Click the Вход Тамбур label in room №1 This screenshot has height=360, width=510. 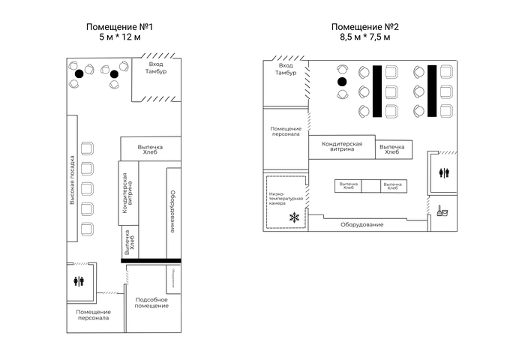pos(157,68)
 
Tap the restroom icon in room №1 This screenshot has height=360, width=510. pos(80,281)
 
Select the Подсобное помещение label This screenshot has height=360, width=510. pos(151,302)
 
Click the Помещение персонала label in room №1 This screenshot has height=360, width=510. pos(94,314)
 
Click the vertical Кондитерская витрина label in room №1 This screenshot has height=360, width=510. pos(128,190)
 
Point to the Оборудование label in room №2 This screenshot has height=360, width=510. pos(362,225)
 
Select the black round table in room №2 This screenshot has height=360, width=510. pos(342,82)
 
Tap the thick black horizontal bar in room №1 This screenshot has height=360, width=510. pos(151,260)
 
